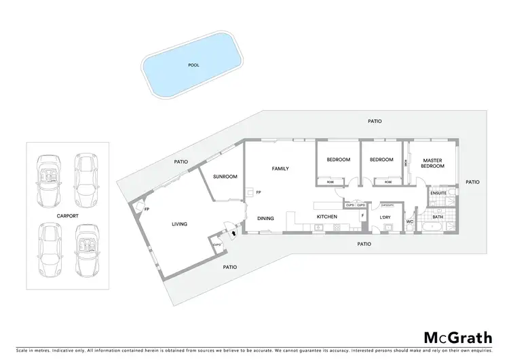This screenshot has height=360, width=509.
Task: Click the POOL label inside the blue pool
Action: point(193,66)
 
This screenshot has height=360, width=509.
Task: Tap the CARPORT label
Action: point(68,215)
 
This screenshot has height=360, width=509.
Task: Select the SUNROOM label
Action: point(225,177)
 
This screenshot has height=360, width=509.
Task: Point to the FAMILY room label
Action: point(281,168)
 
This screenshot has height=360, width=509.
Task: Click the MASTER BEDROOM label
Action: point(432,163)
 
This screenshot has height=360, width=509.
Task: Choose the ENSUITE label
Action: point(438,193)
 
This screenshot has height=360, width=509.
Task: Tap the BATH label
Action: point(438,217)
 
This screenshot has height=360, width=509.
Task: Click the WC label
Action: point(410,221)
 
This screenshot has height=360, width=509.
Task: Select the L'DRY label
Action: point(385,217)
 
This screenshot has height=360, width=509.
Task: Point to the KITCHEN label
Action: point(327,217)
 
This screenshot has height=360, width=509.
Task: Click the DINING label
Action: point(266,218)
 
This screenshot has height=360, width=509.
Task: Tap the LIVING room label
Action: point(179,224)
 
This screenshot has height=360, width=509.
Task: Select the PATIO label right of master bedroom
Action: point(473,182)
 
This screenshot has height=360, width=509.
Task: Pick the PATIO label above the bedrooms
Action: point(375,122)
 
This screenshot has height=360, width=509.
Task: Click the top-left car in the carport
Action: point(49,180)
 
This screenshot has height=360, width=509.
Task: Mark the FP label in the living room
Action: point(147,209)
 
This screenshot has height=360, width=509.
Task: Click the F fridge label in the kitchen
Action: point(363,215)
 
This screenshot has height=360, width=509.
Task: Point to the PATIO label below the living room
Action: point(230,267)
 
